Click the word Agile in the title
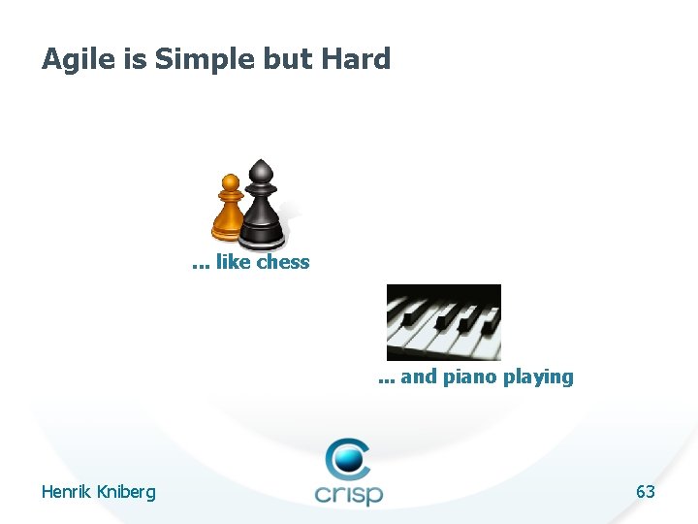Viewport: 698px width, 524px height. (77, 60)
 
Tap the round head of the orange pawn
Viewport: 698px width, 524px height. (230, 181)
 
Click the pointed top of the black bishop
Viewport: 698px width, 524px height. (260, 167)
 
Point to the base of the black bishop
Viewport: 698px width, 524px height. (262, 235)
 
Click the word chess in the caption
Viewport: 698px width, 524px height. (283, 262)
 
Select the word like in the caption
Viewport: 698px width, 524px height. (234, 262)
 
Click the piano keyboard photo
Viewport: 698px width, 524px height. (443, 322)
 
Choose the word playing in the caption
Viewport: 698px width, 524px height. (538, 377)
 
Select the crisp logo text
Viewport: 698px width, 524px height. (349, 493)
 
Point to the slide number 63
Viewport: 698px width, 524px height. (645, 492)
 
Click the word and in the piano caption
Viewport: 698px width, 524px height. (419, 377)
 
